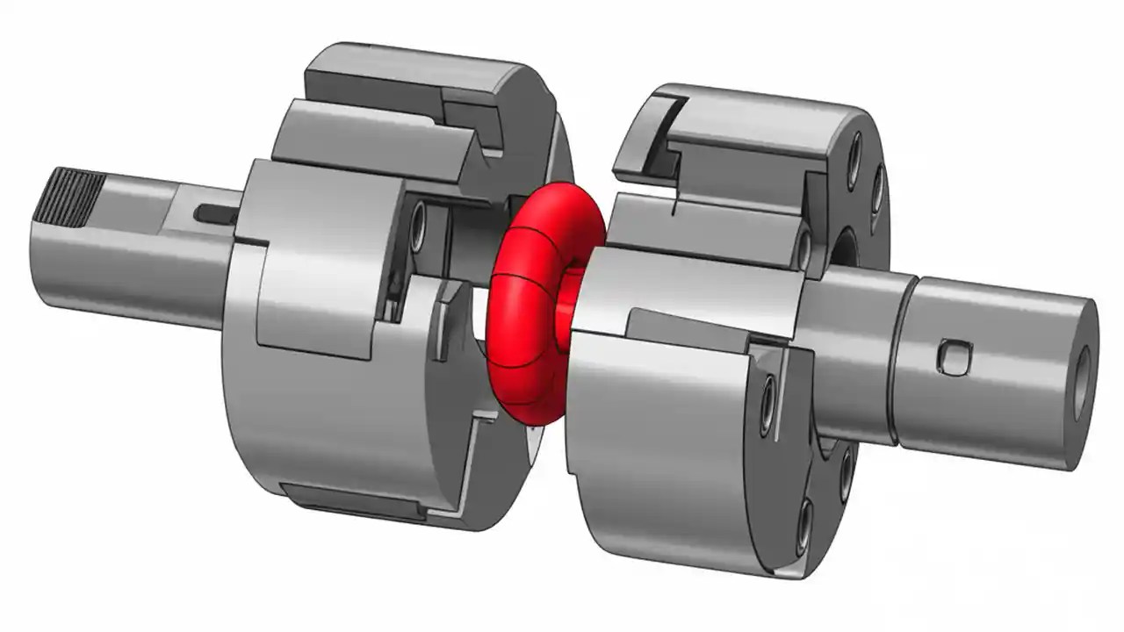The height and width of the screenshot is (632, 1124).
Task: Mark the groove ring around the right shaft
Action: [902, 360]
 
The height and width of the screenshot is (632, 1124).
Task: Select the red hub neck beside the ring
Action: [567, 303]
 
